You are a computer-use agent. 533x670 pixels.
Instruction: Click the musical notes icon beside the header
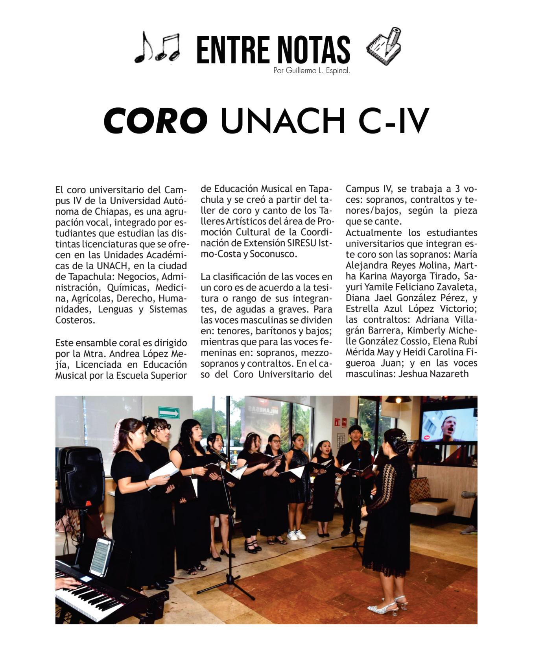click(x=157, y=47)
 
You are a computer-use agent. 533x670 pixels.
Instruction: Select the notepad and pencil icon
click(x=384, y=46)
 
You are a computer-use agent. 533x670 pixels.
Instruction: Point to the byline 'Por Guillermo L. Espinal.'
click(x=312, y=71)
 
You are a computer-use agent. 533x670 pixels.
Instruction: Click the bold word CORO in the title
click(x=155, y=120)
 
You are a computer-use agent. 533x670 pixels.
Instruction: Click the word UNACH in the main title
click(x=282, y=120)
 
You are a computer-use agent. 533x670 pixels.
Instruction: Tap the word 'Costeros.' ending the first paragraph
click(x=75, y=320)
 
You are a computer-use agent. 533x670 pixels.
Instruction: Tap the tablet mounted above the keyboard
click(x=101, y=556)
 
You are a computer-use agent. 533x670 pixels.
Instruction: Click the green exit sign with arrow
click(x=169, y=412)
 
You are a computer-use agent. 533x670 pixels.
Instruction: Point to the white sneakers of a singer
click(x=296, y=534)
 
